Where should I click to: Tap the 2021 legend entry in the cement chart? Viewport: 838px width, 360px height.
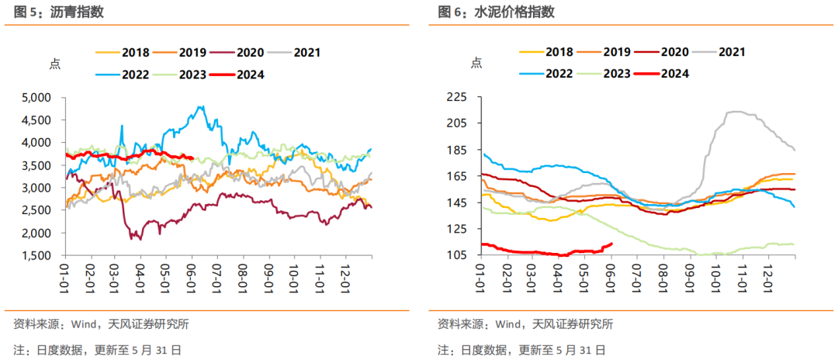(719, 52)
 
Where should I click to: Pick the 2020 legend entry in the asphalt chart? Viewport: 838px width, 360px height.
(236, 52)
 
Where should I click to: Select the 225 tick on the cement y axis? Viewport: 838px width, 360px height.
(459, 97)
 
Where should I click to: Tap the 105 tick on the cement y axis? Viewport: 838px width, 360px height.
(459, 255)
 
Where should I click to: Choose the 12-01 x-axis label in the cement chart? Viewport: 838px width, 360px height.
(768, 276)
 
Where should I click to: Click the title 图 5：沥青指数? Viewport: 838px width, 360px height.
(54, 12)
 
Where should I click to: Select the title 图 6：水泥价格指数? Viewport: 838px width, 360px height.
(496, 12)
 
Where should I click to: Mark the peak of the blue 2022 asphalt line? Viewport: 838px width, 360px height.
(201, 106)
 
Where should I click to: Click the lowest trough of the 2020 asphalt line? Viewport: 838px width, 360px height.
(140, 239)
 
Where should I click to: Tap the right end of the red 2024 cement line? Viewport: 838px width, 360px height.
(611, 244)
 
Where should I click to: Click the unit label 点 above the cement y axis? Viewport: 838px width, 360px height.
(476, 63)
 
